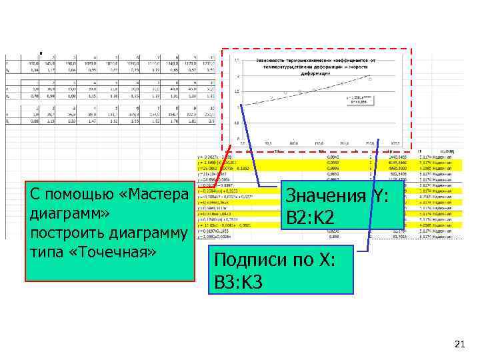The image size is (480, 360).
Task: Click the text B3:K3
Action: (237, 283)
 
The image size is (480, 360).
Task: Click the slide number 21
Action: (458, 344)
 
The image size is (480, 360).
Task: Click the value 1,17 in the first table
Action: (53, 69)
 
